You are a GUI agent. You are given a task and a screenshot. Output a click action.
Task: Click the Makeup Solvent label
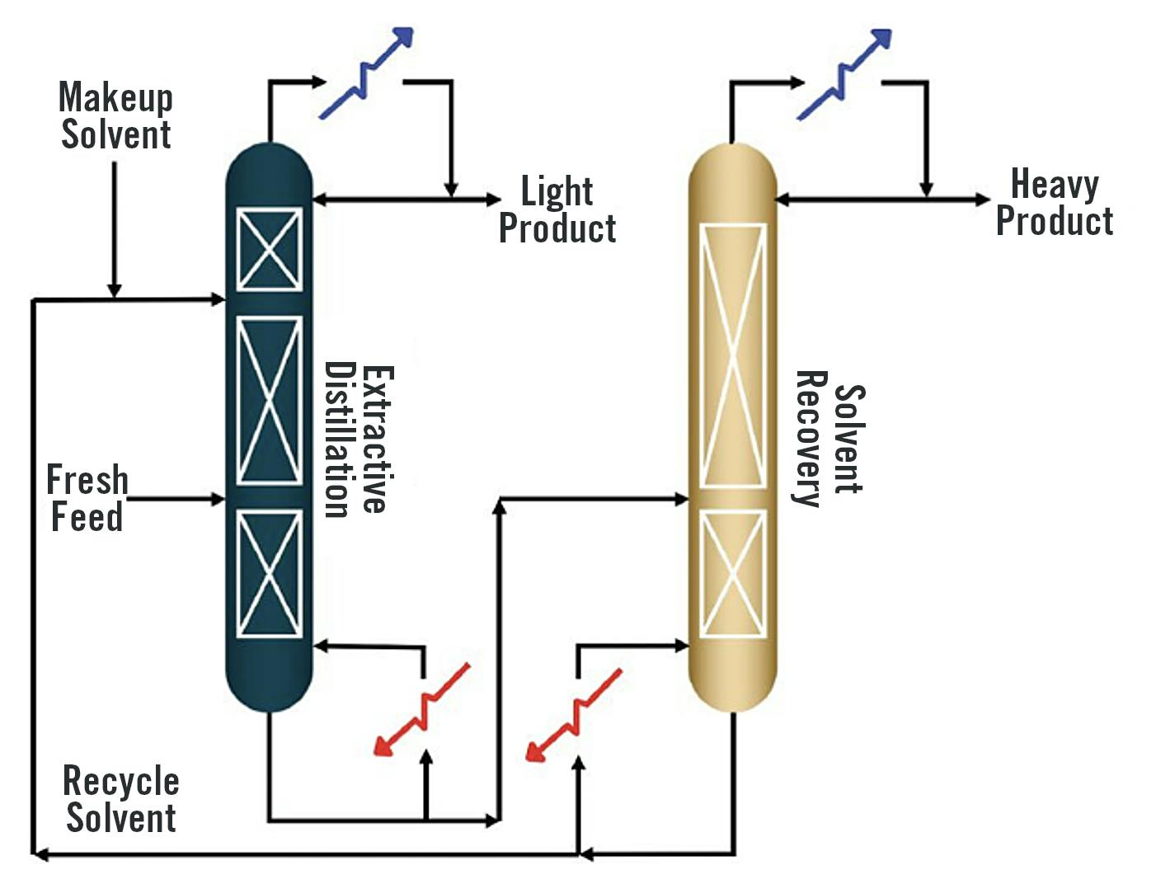(115, 116)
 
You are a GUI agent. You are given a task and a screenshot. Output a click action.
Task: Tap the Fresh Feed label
(87, 498)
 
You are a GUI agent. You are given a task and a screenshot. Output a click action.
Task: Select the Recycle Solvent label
(120, 799)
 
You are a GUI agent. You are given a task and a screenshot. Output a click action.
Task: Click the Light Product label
(557, 209)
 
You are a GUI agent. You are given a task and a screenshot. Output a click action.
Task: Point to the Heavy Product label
(1055, 203)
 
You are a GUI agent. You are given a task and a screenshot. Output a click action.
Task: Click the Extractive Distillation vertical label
(357, 440)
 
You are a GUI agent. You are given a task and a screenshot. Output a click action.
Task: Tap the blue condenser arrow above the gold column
(844, 73)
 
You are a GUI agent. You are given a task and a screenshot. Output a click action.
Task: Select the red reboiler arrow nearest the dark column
(421, 709)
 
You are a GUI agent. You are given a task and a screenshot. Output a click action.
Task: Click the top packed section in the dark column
(270, 249)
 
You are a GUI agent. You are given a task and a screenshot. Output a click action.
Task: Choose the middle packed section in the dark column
(270, 400)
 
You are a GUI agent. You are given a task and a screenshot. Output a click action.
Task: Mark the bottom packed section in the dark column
(270, 573)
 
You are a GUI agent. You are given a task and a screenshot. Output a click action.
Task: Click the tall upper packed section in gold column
(732, 355)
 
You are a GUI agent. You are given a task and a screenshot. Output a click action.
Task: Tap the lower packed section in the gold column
(732, 573)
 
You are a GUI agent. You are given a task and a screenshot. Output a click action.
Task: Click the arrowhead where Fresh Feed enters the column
(219, 499)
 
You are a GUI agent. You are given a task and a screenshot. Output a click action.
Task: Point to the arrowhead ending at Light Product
(494, 200)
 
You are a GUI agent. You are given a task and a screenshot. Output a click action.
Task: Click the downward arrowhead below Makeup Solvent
(115, 290)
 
